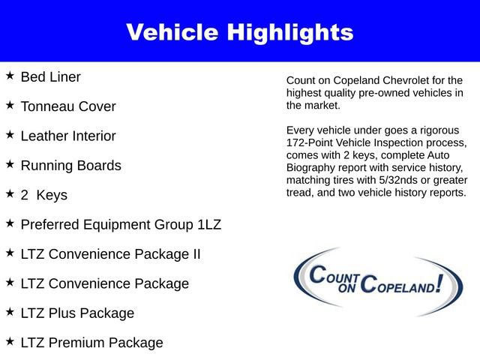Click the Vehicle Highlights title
240,32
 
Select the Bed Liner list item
50,76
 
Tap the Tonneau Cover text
68,106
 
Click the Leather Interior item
68,136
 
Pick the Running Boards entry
70,166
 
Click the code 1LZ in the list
205,224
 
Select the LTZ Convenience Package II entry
110,254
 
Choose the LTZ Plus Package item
77,313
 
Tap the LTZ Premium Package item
91,343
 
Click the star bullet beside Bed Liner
10,76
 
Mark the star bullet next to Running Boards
10,164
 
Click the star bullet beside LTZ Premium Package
10,341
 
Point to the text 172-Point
311,142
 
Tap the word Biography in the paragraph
311,167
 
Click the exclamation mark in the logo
452,282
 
